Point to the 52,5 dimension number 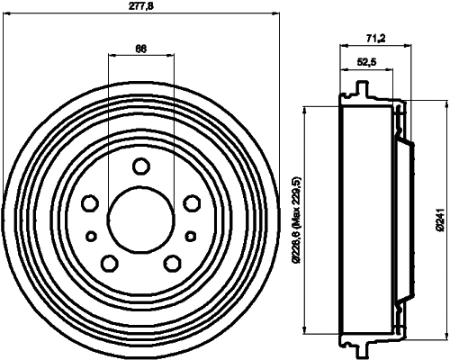point(366,61)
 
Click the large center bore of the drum point(141,216)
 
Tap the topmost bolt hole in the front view point(141,166)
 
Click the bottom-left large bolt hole point(110,262)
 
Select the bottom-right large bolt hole point(171,262)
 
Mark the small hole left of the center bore point(90,236)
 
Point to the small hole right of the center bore point(192,236)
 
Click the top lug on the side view point(361,90)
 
